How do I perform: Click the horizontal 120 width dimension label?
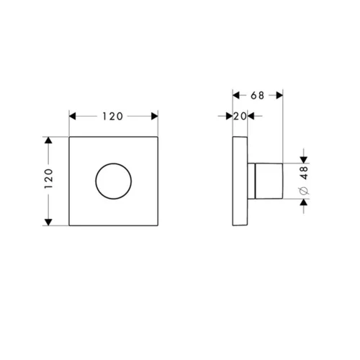tap(112, 117)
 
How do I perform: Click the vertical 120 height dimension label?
tap(48, 179)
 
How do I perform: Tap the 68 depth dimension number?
tap(257, 96)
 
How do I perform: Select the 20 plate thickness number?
tap(240, 117)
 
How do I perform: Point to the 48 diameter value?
tap(304, 173)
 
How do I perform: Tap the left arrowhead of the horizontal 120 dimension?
tap(73, 117)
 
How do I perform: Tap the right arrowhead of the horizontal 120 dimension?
tap(155, 117)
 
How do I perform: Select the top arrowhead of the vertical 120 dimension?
tap(48, 140)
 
